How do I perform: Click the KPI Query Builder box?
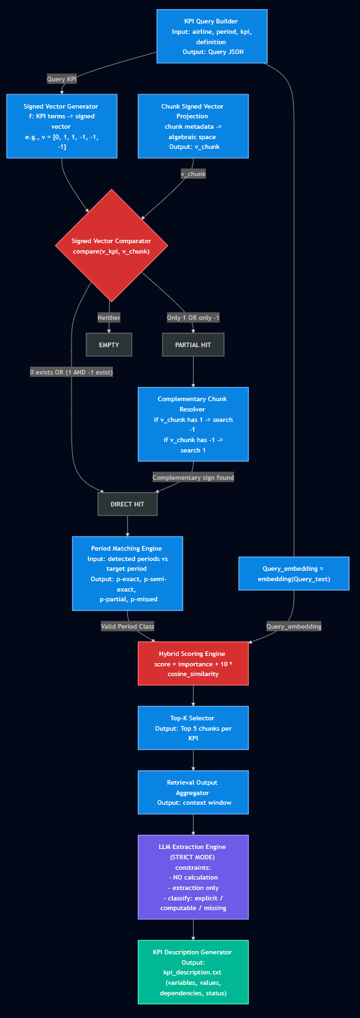[212, 36]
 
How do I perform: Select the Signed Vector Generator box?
[62, 126]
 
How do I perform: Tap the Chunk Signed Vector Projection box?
[193, 126]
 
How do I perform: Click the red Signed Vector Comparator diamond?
[112, 246]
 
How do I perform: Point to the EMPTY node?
[109, 345]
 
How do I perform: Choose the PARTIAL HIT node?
[193, 345]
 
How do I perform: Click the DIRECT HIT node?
[127, 504]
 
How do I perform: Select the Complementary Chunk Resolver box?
[193, 424]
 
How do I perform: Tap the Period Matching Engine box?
[127, 573]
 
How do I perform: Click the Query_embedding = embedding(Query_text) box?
[294, 573]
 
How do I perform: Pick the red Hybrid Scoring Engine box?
[193, 663]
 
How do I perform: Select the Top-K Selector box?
[193, 728]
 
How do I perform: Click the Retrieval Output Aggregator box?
[193, 792]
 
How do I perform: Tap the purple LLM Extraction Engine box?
[193, 877]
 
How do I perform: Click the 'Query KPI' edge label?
[62, 79]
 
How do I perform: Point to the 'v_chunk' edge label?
[193, 174]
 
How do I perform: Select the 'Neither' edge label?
[109, 317]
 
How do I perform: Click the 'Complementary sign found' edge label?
[193, 477]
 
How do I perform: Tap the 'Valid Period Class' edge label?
[127, 626]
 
